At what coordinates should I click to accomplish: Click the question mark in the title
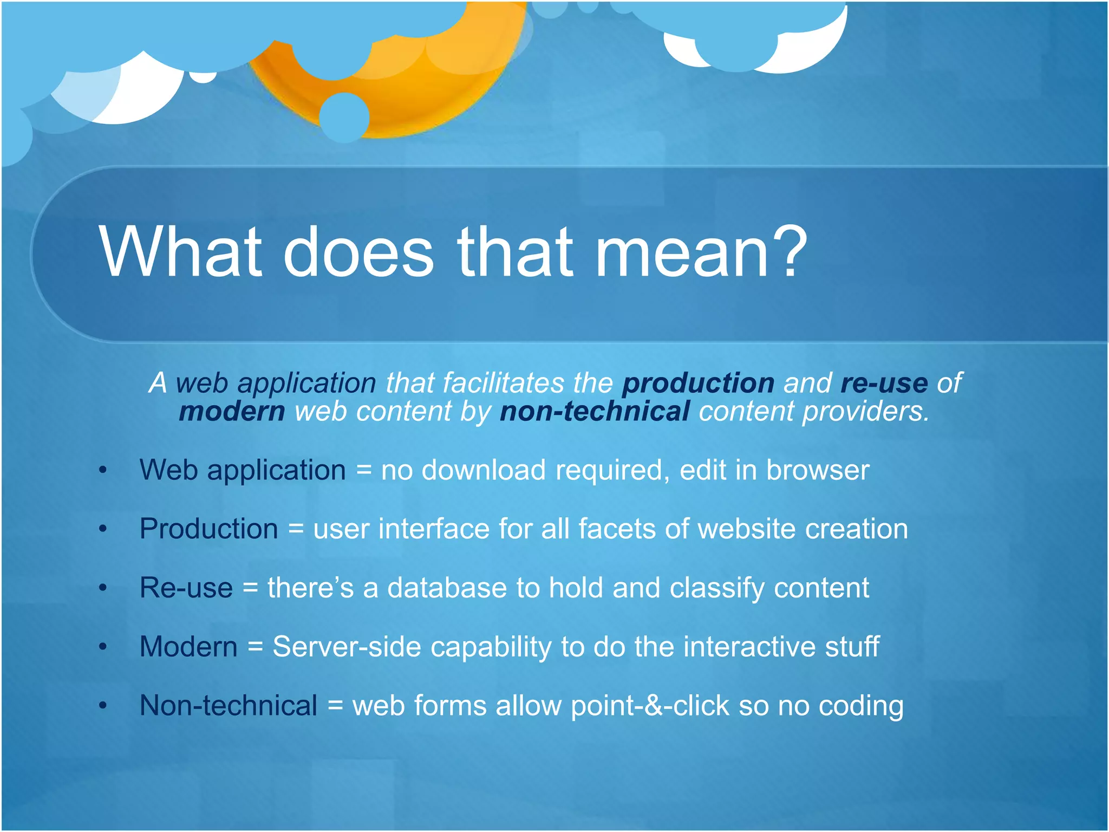click(786, 252)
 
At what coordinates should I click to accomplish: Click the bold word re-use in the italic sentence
click(884, 383)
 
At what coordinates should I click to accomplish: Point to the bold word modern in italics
click(232, 412)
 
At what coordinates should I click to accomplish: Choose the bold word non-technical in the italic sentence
click(595, 412)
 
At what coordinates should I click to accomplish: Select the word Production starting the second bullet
click(208, 529)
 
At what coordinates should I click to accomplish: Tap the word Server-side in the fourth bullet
click(347, 647)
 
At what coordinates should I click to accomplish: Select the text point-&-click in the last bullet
click(650, 706)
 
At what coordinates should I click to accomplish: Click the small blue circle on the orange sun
click(344, 118)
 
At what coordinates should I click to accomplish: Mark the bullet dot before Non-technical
click(103, 706)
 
